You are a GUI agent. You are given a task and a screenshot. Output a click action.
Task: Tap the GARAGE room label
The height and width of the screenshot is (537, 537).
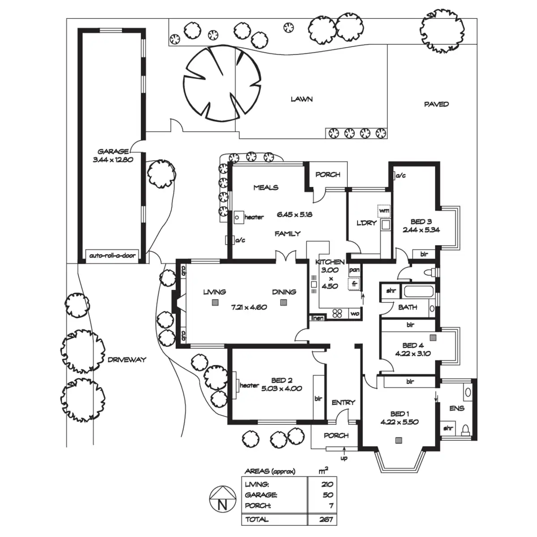113,152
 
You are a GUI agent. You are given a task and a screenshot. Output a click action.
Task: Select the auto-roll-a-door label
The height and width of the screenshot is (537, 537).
112,256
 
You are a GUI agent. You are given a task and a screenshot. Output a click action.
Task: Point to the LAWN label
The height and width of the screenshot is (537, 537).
302,99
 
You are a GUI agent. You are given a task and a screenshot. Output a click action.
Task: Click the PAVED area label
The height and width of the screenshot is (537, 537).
436,104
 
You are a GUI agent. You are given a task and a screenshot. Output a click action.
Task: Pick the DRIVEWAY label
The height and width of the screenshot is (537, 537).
127,359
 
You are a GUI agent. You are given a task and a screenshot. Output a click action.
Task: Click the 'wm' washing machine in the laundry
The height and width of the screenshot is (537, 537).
384,210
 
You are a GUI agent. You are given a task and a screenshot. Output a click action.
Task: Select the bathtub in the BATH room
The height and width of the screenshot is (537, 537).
418,292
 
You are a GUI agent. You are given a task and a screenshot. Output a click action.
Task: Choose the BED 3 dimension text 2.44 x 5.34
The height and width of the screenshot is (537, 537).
421,230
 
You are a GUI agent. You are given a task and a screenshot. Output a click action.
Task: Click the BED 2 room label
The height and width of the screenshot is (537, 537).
282,380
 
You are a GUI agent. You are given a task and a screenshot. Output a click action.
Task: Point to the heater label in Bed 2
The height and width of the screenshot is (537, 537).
249,385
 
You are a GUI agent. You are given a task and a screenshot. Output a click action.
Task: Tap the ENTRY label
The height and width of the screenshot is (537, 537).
343,403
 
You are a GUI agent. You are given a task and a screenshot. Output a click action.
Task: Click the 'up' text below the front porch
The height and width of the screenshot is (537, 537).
344,458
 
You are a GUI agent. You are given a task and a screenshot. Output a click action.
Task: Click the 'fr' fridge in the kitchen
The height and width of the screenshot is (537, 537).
354,284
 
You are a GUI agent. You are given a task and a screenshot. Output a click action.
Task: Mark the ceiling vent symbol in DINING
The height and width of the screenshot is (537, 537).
283,302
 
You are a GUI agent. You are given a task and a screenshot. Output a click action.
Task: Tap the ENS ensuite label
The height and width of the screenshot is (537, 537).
457,408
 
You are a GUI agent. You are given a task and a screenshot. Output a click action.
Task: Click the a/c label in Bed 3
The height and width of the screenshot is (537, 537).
401,176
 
